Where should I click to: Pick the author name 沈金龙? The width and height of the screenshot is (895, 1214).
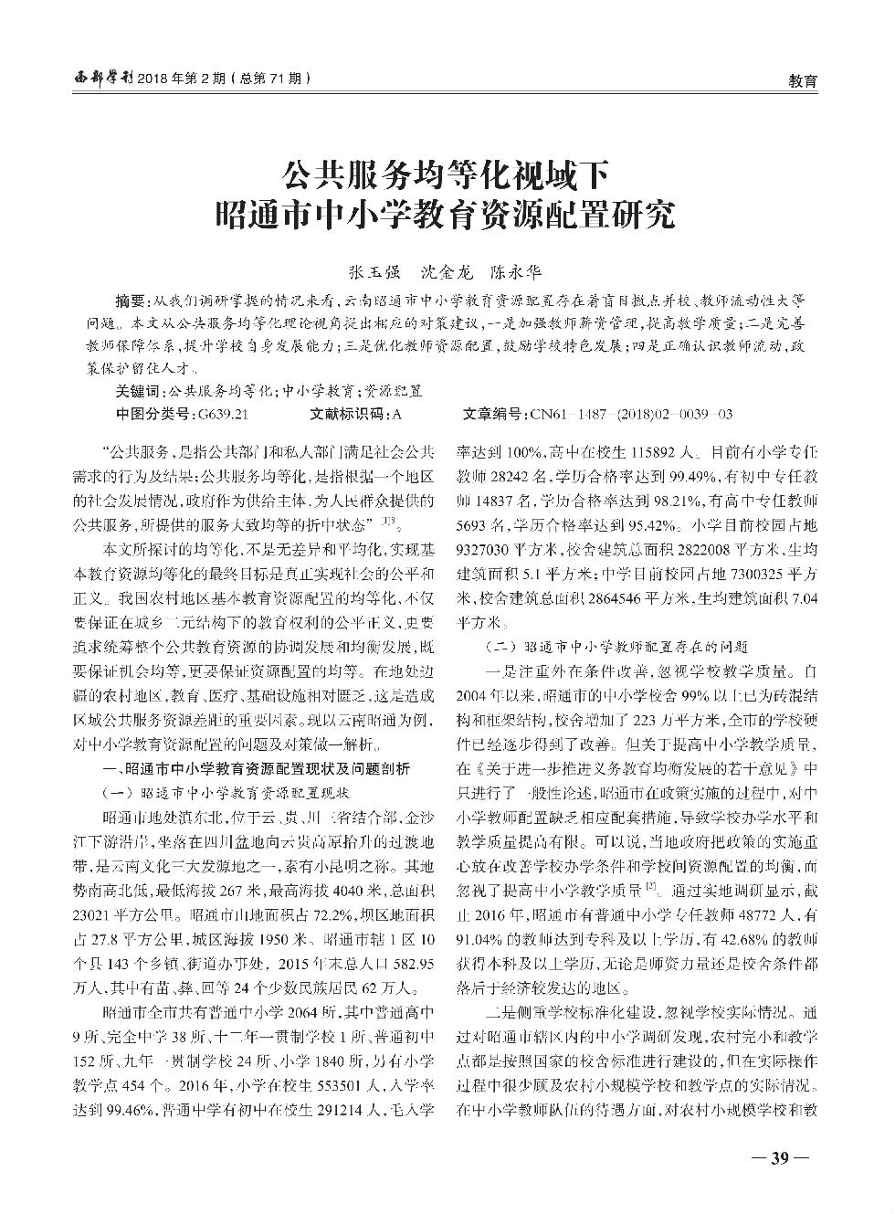447,272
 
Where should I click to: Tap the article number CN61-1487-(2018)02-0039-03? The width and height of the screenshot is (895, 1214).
630,413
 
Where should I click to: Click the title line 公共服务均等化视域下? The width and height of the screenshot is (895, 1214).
447,172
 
